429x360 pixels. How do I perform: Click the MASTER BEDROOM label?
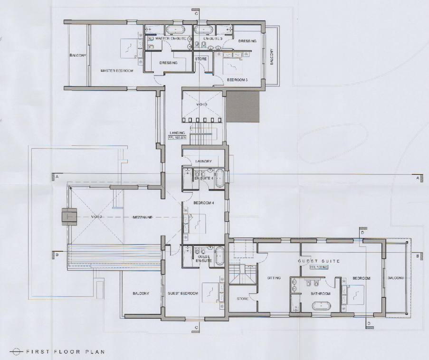116,71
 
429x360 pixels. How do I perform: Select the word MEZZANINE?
143,217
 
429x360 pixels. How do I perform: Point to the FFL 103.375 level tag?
177,138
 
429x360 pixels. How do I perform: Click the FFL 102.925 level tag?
319,267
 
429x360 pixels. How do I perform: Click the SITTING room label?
274,278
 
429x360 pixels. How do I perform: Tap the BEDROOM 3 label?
237,80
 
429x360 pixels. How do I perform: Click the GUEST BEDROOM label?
182,294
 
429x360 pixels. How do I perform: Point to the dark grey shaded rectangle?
242,107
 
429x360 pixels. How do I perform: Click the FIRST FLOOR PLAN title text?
65,352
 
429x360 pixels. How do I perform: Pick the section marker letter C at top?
196,14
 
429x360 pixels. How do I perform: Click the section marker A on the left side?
57,177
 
